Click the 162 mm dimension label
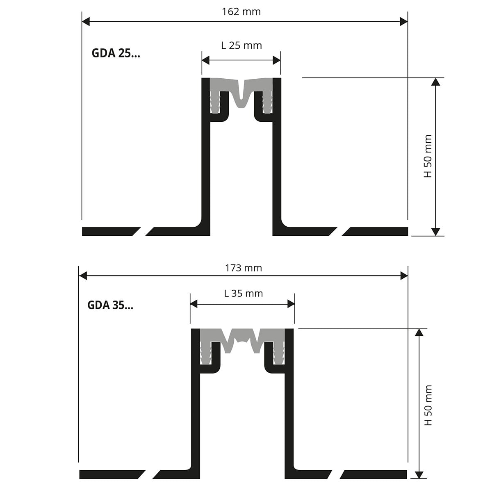(241, 11)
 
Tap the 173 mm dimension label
(243, 268)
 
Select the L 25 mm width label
(241, 46)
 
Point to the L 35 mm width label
(243, 294)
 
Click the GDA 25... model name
(116, 54)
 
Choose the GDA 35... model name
(110, 305)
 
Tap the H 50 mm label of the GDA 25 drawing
(428, 156)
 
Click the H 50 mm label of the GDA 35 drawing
(428, 405)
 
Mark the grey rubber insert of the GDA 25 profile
(241, 88)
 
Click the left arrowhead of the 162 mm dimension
(86, 21)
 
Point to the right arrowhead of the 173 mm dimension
(404, 276)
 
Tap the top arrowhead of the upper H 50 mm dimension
(435, 81)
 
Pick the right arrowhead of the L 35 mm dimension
(291, 304)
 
